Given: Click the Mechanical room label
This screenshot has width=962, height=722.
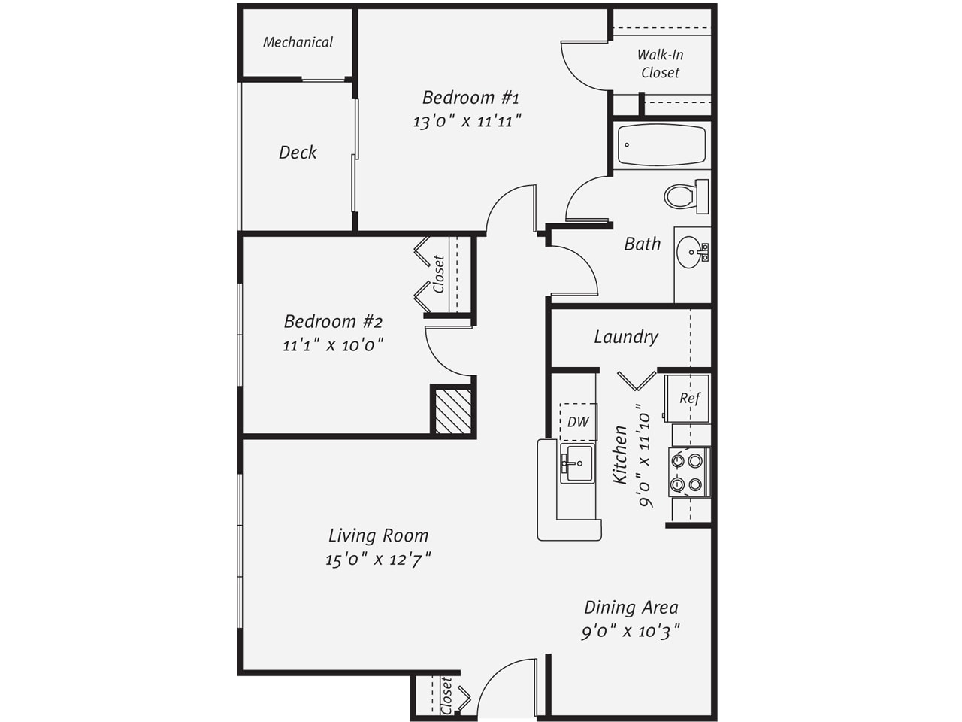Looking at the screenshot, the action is (298, 42).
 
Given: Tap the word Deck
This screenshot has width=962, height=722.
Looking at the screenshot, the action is (298, 153).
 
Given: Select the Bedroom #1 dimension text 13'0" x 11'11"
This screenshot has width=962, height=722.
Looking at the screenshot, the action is (467, 121).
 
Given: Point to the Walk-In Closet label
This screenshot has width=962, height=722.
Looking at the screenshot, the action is (660, 64).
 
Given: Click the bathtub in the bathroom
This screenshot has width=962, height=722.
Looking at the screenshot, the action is (661, 145).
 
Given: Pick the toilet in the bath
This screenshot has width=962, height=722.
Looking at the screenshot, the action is (686, 196).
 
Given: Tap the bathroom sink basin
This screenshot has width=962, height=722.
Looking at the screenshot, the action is (689, 253).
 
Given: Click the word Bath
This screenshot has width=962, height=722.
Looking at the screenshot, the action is (642, 244).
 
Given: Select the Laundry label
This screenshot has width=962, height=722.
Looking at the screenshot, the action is (626, 337).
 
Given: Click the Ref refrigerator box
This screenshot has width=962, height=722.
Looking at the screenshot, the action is (687, 398).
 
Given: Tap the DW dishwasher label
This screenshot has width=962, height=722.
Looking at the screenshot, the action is (578, 422).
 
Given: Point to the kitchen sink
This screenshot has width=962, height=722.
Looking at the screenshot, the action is (578, 463).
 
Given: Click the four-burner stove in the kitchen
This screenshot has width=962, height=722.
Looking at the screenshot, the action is (689, 472).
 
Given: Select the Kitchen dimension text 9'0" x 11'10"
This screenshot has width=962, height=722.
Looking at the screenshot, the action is (644, 456).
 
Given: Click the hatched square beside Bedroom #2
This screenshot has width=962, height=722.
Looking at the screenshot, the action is (453, 411).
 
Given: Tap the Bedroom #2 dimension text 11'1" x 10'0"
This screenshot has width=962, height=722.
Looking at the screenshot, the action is (333, 345).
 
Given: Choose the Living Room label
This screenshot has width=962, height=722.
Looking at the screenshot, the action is (379, 535).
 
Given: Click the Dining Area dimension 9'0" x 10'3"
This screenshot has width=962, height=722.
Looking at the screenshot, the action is (631, 632).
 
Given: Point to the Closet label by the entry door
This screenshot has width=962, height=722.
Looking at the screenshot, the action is (446, 696).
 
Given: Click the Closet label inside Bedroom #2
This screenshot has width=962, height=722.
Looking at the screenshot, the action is (439, 275).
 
